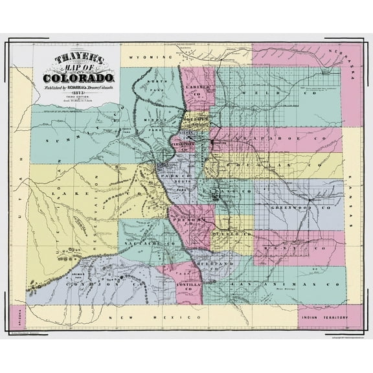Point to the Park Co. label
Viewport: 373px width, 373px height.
click(x=173, y=176)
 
